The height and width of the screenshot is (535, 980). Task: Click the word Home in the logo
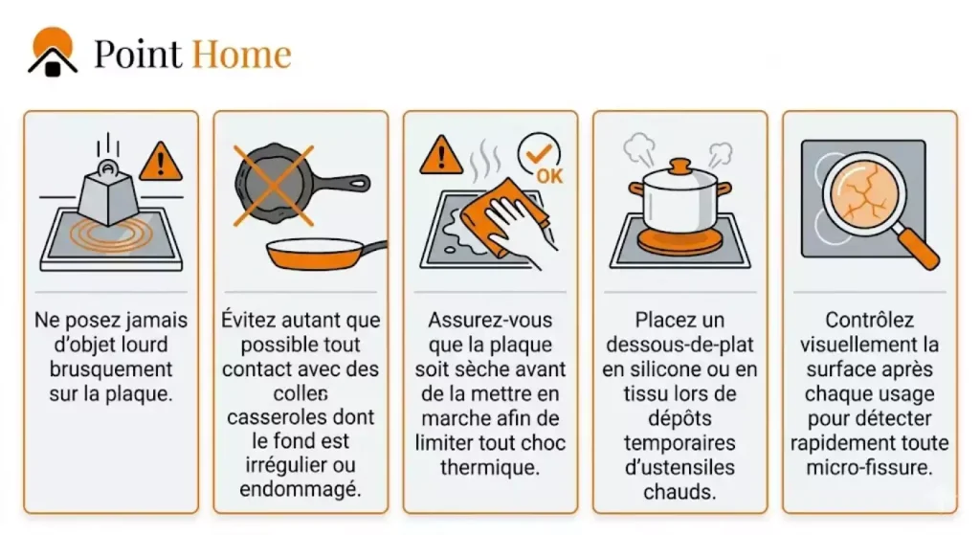tap(241, 54)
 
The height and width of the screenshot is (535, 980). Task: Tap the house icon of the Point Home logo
tap(53, 53)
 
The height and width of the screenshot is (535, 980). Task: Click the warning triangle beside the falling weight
tap(161, 163)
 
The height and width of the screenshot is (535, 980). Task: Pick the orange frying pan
tap(325, 253)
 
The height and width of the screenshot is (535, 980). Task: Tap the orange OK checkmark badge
tap(540, 159)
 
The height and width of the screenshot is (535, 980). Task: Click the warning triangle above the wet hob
tap(441, 155)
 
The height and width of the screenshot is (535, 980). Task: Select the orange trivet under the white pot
tap(680, 241)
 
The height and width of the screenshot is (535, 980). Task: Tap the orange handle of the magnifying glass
tap(918, 248)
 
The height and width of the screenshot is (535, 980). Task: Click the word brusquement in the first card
tap(111, 368)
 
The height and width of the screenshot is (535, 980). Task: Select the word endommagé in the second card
tap(300, 489)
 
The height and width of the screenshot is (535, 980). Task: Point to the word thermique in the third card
tap(490, 467)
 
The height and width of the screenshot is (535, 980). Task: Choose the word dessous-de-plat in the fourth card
tap(680, 345)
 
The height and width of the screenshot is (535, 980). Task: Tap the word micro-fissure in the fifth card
tap(869, 467)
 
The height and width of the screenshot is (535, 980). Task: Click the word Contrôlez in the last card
tap(869, 320)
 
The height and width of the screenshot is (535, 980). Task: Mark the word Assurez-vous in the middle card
tap(490, 320)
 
